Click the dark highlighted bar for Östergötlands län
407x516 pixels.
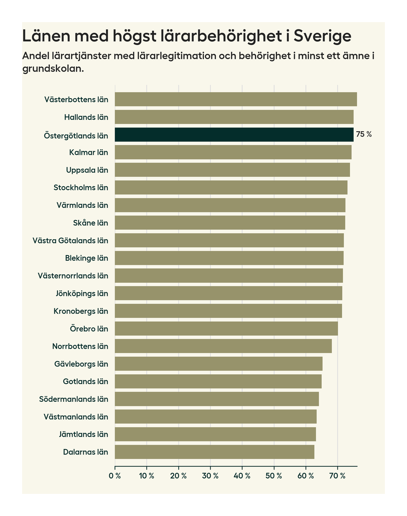234,135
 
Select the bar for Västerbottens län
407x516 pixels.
236,100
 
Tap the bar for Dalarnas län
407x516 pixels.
214,452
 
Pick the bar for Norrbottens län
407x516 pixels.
223,346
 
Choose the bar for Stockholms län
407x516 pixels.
231,188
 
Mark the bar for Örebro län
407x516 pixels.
226,328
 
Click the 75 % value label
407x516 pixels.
364,135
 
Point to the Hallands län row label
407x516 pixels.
86,117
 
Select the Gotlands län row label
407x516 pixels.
85,381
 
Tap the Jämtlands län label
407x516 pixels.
84,434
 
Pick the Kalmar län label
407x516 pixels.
89,153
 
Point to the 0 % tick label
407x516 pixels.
115,476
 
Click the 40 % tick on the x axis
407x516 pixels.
242,476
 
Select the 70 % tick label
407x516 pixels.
337,476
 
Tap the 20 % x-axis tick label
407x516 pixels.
179,476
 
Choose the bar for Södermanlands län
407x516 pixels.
217,399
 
